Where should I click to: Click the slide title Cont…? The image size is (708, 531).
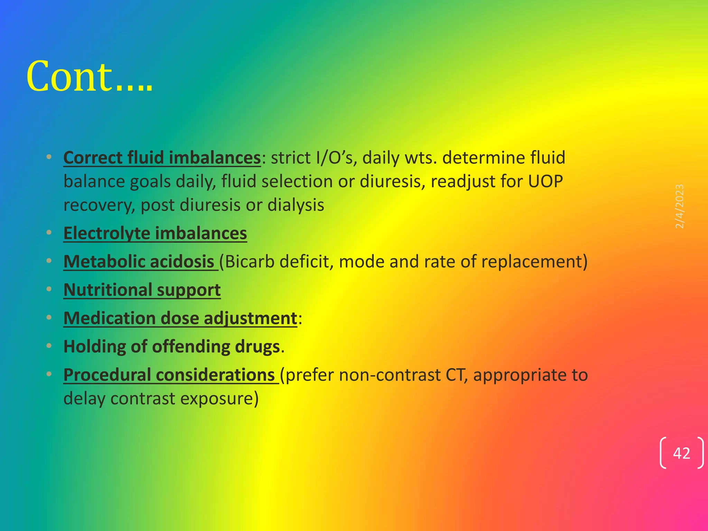[89, 77]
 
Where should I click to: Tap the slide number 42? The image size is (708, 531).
[681, 453]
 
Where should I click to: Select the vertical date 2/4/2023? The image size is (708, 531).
[680, 206]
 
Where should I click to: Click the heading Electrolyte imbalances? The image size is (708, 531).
[155, 233]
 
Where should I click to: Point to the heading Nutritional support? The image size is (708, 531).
[142, 290]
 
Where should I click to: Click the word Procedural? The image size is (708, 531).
[107, 375]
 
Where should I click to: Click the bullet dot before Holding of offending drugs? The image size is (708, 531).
[49, 346]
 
